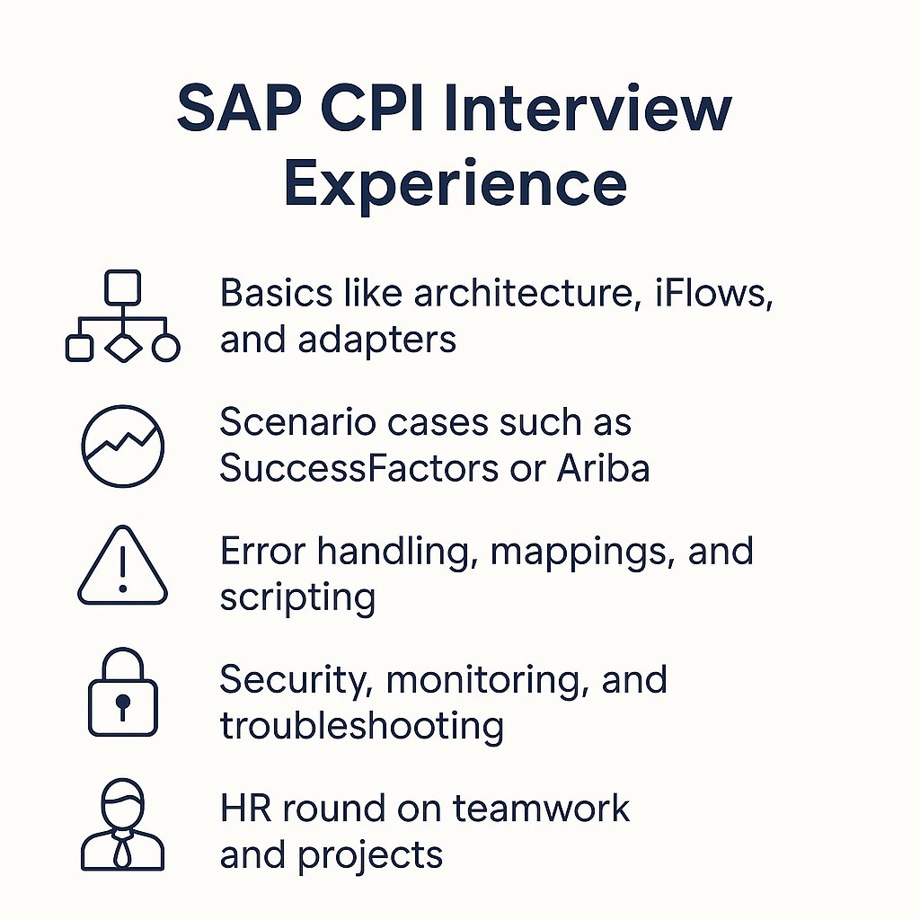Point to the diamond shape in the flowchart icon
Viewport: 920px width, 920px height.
coord(124,347)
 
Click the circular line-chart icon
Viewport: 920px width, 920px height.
coord(122,447)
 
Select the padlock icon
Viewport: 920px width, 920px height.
coord(122,697)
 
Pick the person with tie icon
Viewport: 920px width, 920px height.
coord(122,824)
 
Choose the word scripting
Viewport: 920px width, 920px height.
coord(296,597)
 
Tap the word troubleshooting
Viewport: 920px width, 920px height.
coord(361,726)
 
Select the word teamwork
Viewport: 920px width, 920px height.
coord(540,808)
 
